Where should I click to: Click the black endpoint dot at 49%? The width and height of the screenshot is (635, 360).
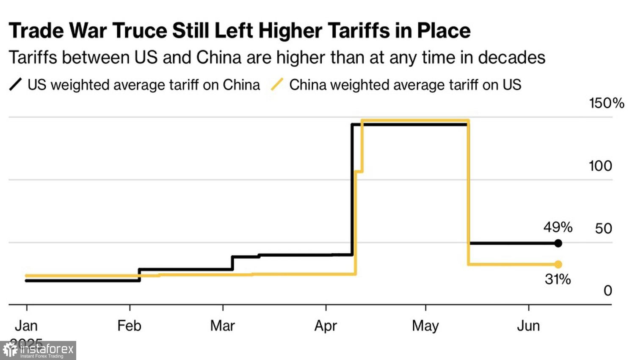pos(558,243)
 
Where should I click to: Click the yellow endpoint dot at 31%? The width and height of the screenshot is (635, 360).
pos(558,264)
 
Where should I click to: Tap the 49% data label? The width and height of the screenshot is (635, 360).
pos(558,227)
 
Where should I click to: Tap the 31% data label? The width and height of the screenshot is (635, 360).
pos(558,280)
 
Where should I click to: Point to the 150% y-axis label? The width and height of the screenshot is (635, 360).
pos(606,103)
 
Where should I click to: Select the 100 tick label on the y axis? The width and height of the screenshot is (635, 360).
pos(600,166)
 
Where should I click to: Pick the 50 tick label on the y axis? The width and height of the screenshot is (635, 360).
pos(603,229)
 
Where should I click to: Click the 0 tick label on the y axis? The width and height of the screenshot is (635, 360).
pos(607,291)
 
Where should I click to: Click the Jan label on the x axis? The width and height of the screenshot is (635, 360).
pos(26,326)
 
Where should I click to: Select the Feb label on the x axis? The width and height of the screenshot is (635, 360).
pos(129,326)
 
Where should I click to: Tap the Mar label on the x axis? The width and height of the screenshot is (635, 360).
pos(222,326)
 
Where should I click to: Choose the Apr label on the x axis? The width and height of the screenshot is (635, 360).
pos(326,326)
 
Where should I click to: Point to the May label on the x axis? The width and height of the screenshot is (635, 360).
pos(425,326)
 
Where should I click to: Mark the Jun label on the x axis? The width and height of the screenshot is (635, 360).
pos(528,326)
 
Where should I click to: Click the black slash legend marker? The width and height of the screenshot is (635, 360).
pos(15,85)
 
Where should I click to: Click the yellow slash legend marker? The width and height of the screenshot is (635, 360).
pos(277,85)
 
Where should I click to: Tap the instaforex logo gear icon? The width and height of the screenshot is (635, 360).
pos(10,350)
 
